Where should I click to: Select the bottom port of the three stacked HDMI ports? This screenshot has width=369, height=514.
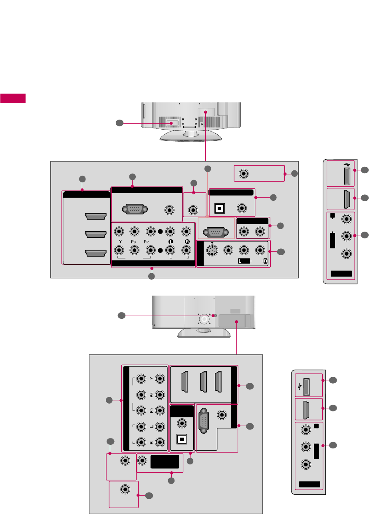pyautogui.click(x=95, y=253)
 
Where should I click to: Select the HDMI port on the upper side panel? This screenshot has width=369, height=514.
pyautogui.click(x=346, y=199)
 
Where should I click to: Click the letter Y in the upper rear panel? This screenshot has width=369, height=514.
pyautogui.click(x=119, y=242)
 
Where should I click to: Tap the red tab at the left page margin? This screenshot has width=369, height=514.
pyautogui.click(x=13, y=98)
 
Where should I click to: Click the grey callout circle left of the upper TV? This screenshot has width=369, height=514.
pyautogui.click(x=119, y=123)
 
